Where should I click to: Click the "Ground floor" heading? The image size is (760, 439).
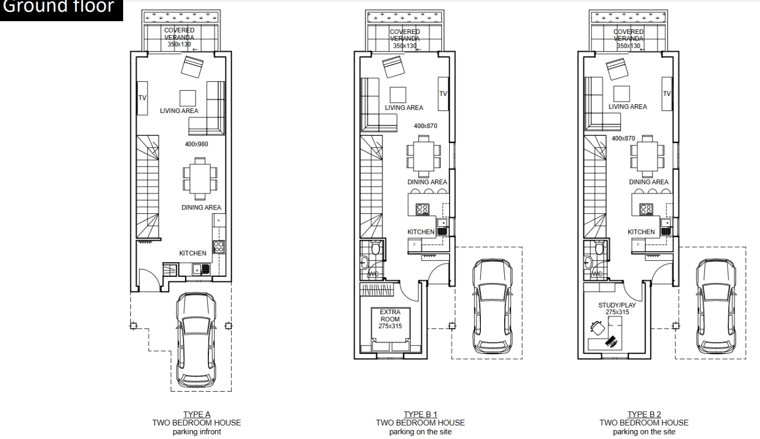pyautogui.click(x=59, y=6)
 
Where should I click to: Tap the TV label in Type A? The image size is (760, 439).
pyautogui.click(x=142, y=98)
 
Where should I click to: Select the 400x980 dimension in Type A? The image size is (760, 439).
pyautogui.click(x=197, y=144)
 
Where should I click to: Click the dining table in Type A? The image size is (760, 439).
pyautogui.click(x=200, y=178)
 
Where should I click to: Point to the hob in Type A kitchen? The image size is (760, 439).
pyautogui.click(x=218, y=247)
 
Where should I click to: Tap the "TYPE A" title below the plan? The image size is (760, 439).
pyautogui.click(x=197, y=414)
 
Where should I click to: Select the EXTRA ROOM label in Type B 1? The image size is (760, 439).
pyautogui.click(x=390, y=315)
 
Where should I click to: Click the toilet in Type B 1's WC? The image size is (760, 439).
pyautogui.click(x=375, y=248)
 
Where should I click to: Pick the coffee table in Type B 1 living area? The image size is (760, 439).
pyautogui.click(x=398, y=95)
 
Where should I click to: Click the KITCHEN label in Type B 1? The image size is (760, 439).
pyautogui.click(x=421, y=232)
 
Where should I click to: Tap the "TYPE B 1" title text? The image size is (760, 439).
pyautogui.click(x=420, y=414)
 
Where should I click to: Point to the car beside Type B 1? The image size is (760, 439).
pyautogui.click(x=493, y=306)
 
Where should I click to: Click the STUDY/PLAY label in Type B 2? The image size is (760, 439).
pyautogui.click(x=617, y=305)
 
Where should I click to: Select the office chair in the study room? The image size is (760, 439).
pyautogui.click(x=597, y=328)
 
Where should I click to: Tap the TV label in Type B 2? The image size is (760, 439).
pyautogui.click(x=667, y=94)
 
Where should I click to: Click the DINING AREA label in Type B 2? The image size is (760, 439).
pyautogui.click(x=649, y=182)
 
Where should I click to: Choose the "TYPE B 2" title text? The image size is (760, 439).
pyautogui.click(x=644, y=414)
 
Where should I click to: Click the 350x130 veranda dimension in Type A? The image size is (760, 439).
pyautogui.click(x=179, y=45)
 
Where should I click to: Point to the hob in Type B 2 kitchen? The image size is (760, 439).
pyautogui.click(x=646, y=209)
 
